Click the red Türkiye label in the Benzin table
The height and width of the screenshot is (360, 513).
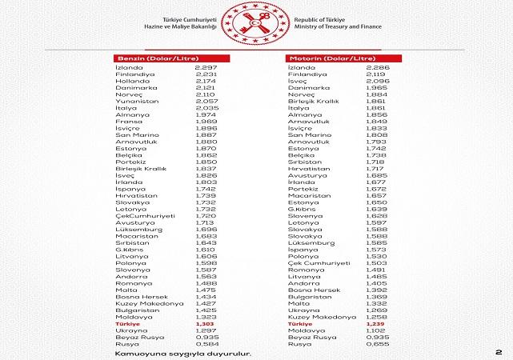tap(128, 323)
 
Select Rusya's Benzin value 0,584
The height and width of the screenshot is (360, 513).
tap(206, 344)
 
